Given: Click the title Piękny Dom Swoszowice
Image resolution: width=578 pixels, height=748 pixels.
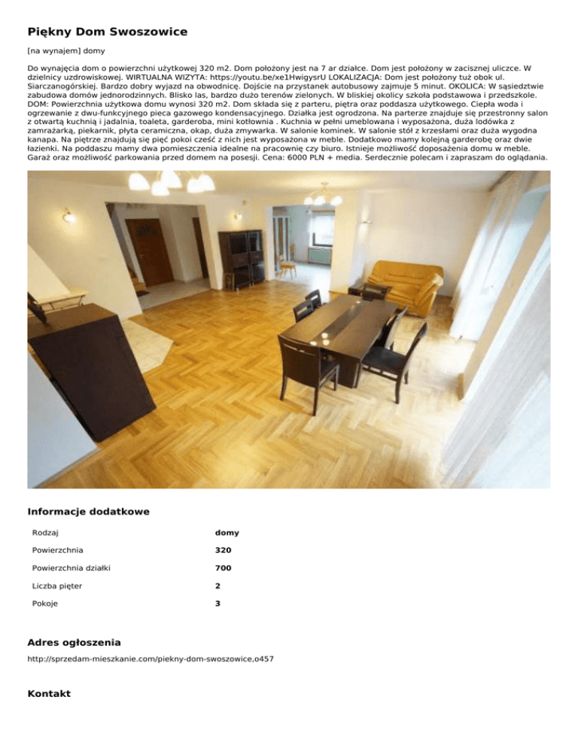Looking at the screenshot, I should [x=108, y=32].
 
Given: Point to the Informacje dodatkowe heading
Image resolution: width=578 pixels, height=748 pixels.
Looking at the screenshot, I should [x=88, y=512].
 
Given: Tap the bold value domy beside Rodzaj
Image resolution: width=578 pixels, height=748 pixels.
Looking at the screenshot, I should [x=227, y=533].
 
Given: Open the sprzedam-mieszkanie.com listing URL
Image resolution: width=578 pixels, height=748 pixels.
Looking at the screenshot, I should [x=151, y=659].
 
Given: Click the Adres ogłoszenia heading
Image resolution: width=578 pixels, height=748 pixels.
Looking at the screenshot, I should [x=74, y=643].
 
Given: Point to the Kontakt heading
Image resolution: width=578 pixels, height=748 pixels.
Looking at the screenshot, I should [x=49, y=693].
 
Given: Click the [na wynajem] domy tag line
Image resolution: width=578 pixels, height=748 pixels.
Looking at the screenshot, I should [x=66, y=51].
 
